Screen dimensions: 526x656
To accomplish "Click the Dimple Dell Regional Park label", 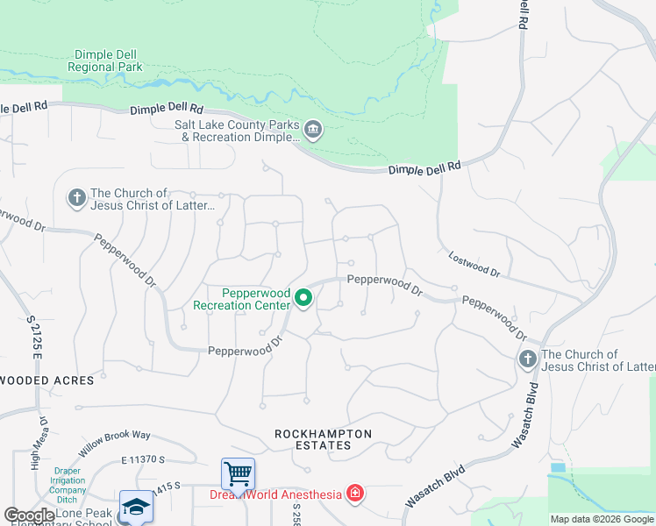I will coord(105,60).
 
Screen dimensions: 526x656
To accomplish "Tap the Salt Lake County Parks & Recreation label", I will coord(237,131).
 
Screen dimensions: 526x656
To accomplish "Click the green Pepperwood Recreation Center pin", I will coord(303,299).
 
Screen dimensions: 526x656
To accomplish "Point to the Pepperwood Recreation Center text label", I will coord(243,299).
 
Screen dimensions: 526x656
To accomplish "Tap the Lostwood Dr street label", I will coord(474,266).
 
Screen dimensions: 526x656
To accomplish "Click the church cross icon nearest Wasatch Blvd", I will coord(527,359).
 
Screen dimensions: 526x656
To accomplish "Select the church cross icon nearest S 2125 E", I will coord(77,199).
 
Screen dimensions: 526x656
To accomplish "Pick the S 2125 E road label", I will coord(36,337).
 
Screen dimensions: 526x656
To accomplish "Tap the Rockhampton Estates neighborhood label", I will coord(323,439).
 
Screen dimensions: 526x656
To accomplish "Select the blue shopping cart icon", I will coord(238,474).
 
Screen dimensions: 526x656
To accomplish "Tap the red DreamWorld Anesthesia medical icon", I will coord(354,494).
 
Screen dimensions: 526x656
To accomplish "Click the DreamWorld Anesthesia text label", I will coord(275,494).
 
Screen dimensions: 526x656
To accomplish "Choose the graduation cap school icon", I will coord(136,507).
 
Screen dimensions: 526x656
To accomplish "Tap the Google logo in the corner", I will coord(29,515).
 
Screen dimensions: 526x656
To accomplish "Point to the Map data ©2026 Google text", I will coord(602,519).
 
